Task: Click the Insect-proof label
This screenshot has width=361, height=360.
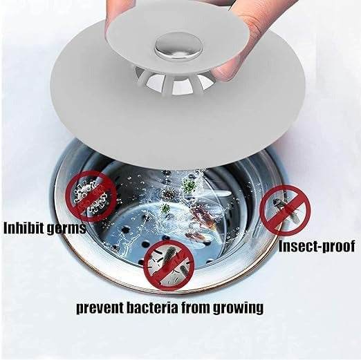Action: [x=317, y=246]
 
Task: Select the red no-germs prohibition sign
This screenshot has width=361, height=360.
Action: [x=89, y=197]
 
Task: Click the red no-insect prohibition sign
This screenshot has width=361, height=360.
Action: [x=284, y=209]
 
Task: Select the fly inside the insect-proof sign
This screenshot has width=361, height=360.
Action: [x=284, y=207]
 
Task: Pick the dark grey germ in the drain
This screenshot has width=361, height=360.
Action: [x=165, y=207]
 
